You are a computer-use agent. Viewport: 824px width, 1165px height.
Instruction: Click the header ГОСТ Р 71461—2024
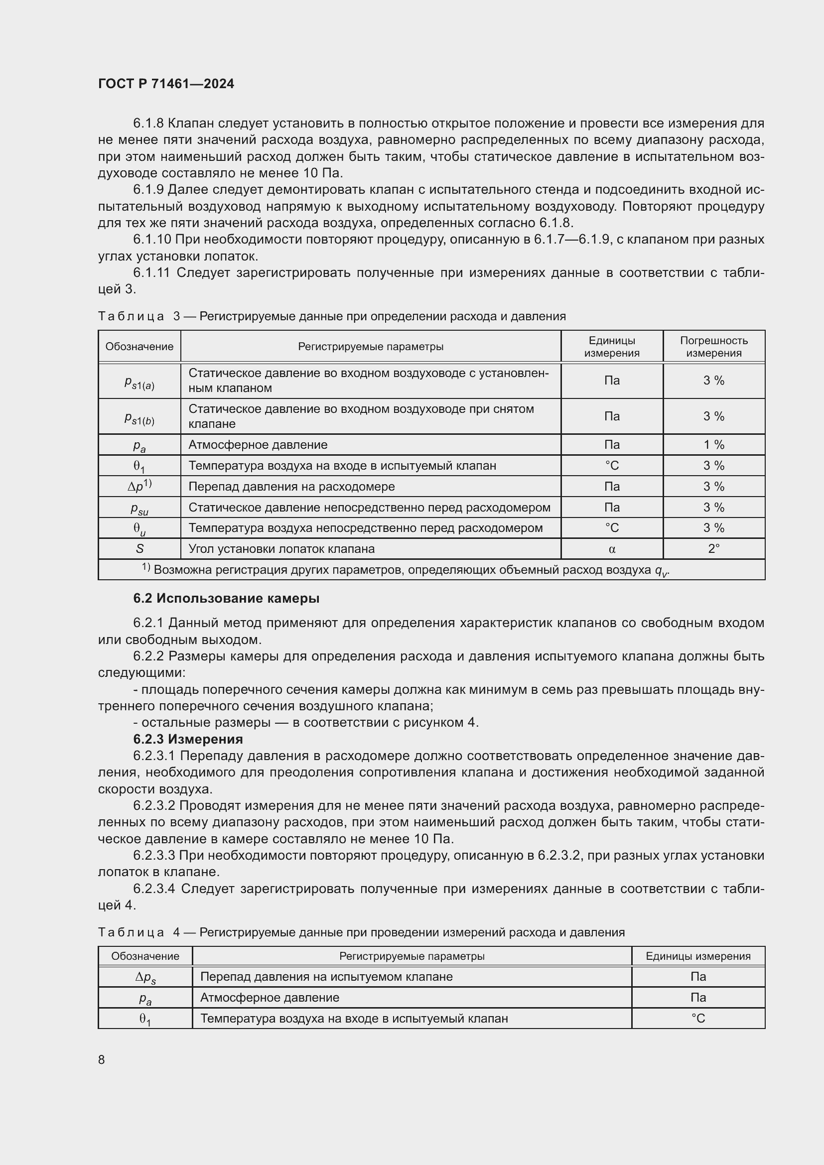tap(166, 84)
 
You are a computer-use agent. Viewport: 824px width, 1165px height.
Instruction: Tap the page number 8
tap(102, 1059)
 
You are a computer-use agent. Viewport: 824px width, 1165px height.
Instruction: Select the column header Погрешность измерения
tap(713, 347)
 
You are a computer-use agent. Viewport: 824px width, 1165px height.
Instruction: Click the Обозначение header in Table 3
tap(139, 347)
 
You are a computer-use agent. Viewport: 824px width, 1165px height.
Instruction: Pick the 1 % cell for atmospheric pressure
tap(713, 444)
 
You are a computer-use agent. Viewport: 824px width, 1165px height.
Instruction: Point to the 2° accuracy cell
tap(713, 548)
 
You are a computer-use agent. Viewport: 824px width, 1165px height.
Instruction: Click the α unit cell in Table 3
tap(611, 548)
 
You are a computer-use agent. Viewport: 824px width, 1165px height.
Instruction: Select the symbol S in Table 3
tap(139, 548)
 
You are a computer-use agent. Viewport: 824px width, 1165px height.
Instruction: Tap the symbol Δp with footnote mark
tap(139, 486)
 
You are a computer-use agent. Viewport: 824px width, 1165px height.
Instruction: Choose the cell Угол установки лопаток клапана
tap(281, 548)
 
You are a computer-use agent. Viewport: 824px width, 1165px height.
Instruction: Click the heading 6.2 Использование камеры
tap(226, 598)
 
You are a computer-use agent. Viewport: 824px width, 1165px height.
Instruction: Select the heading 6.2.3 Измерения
tap(188, 739)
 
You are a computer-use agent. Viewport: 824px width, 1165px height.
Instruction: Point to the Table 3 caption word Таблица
tap(131, 316)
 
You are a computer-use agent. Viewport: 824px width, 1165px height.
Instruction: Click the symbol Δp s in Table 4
tap(145, 977)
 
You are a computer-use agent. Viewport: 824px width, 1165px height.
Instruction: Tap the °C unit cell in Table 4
tap(697, 1019)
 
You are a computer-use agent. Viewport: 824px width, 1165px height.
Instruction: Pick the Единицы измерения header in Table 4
tap(697, 956)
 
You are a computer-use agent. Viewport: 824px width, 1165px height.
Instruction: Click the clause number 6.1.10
tap(152, 240)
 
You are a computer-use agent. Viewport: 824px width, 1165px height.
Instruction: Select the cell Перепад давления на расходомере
tap(291, 486)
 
